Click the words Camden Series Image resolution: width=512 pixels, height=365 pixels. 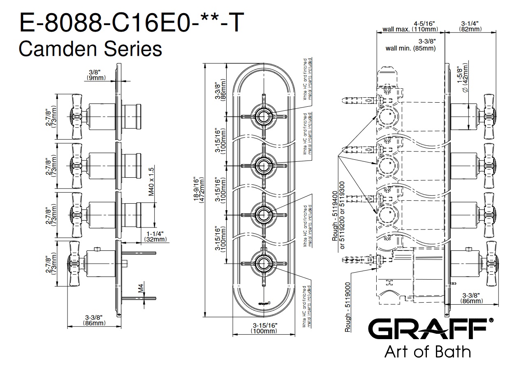click(x=90, y=49)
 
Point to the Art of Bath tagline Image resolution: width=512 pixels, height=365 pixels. click(x=427, y=352)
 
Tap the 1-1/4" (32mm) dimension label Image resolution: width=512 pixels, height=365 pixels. click(x=155, y=236)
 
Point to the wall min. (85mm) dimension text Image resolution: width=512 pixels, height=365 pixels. click(x=410, y=45)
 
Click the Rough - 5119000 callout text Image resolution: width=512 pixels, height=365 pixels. click(x=348, y=307)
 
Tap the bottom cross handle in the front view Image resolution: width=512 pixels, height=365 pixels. click(x=263, y=263)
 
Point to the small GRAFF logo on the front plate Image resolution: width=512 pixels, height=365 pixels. click(x=264, y=304)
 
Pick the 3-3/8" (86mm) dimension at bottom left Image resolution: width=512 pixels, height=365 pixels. click(x=94, y=320)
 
